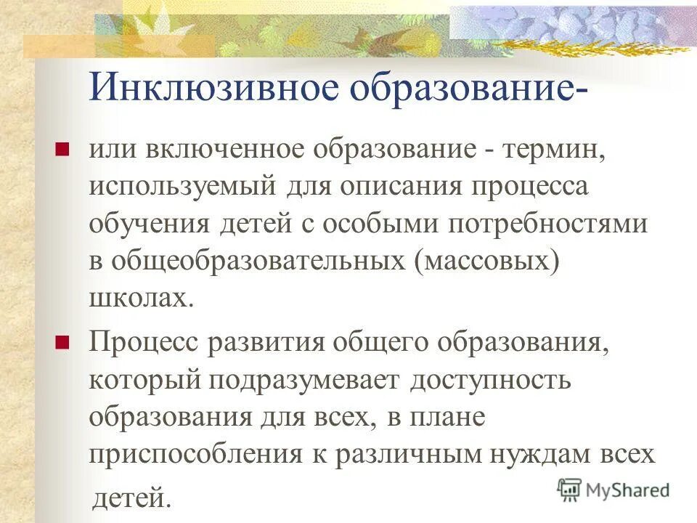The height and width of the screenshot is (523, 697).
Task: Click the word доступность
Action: pyautogui.click(x=491, y=378)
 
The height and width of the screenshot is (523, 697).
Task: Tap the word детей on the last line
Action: pyautogui.click(x=131, y=497)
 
